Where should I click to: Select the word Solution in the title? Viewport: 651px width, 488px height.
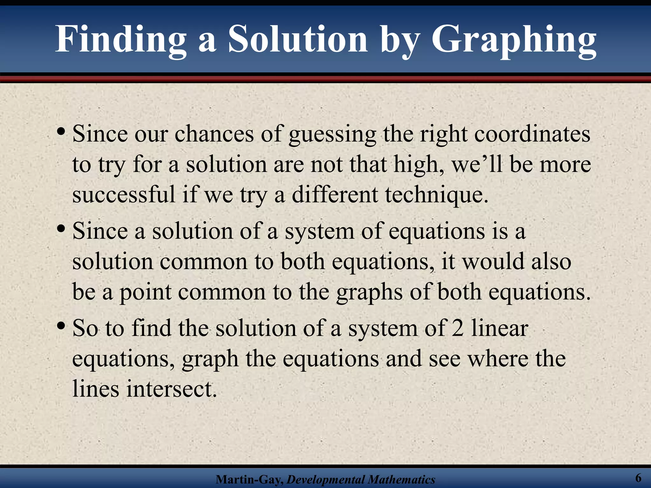[x=298, y=40]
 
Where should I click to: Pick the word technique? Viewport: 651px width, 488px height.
[x=436, y=195]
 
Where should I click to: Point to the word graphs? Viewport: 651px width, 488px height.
[x=370, y=292]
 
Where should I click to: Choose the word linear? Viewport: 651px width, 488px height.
[x=500, y=328]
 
